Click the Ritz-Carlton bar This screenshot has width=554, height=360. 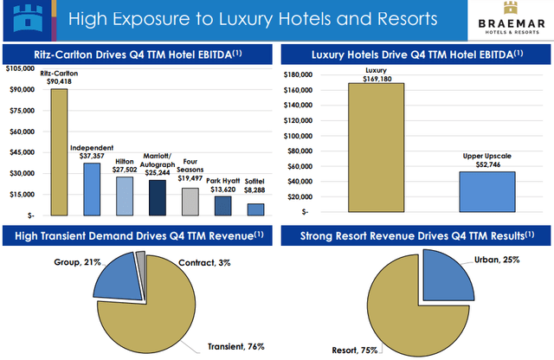[x=59, y=151]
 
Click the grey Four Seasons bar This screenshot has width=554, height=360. [x=190, y=201]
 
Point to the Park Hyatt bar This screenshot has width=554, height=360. [x=222, y=205]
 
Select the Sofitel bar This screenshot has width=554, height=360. [x=255, y=209]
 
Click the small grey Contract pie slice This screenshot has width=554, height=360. [x=141, y=257]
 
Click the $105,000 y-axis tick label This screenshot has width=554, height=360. [x=21, y=68]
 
